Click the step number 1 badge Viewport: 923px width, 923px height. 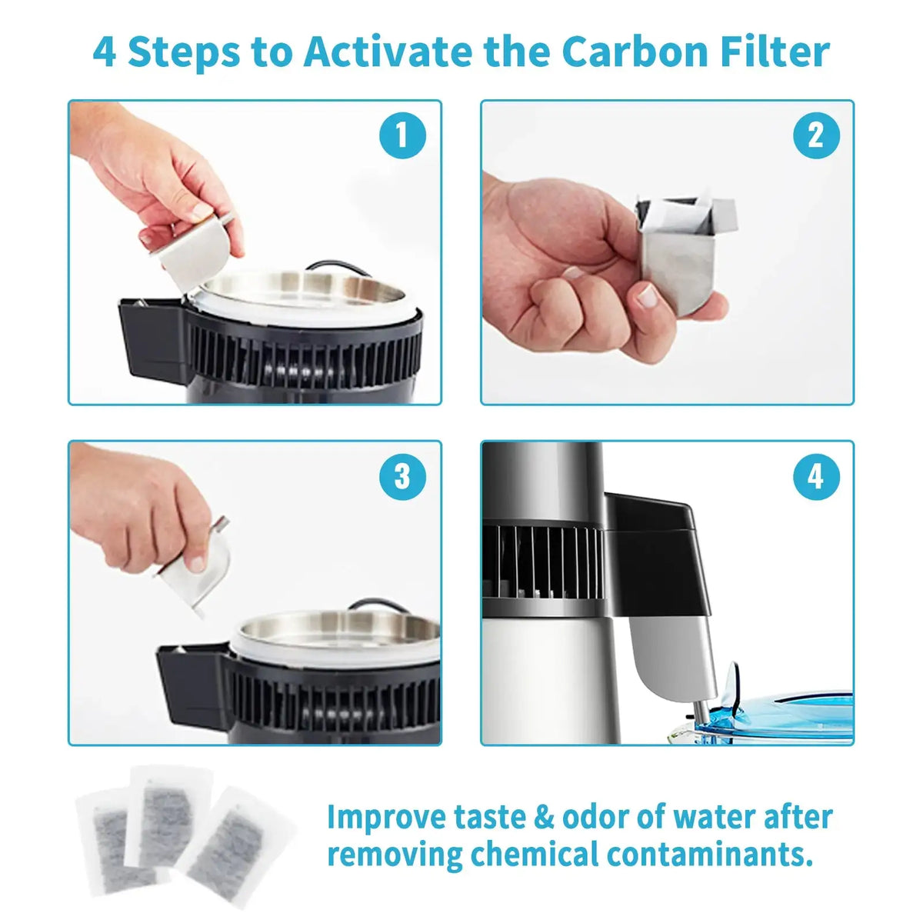point(402,136)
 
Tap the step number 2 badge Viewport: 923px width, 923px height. point(815,136)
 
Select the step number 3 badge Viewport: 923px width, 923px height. point(402,477)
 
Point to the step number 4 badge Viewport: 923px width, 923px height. point(815,477)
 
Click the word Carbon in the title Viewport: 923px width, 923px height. point(635,52)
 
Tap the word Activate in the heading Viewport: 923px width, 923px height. point(388,52)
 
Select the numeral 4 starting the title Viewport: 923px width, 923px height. point(105,52)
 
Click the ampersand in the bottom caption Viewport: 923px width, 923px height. point(544,817)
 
